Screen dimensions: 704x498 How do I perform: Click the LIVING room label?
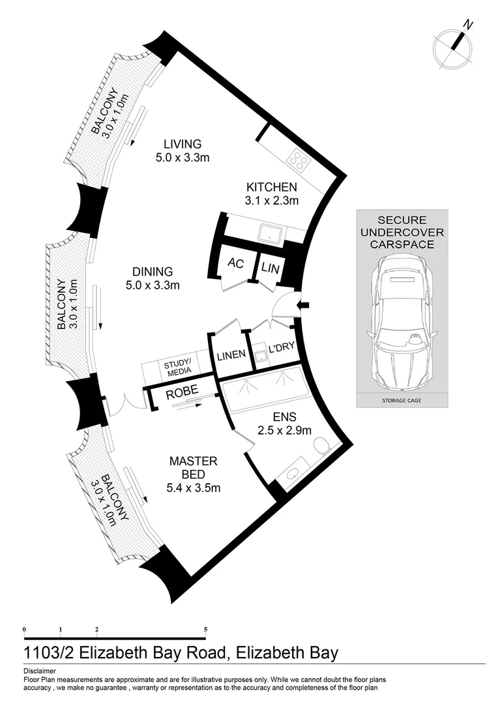183,144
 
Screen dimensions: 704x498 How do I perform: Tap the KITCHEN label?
272,187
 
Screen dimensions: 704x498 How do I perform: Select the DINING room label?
152,271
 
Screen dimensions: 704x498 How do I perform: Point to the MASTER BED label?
193,461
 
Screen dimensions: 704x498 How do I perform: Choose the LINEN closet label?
231,355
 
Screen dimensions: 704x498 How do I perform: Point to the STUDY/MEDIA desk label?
177,366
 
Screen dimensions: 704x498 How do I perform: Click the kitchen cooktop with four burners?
299,159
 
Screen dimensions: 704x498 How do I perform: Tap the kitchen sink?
269,231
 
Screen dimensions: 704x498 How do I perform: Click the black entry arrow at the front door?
302,304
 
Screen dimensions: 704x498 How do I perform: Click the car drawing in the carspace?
402,319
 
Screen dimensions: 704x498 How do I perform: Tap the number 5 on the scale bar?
206,629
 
